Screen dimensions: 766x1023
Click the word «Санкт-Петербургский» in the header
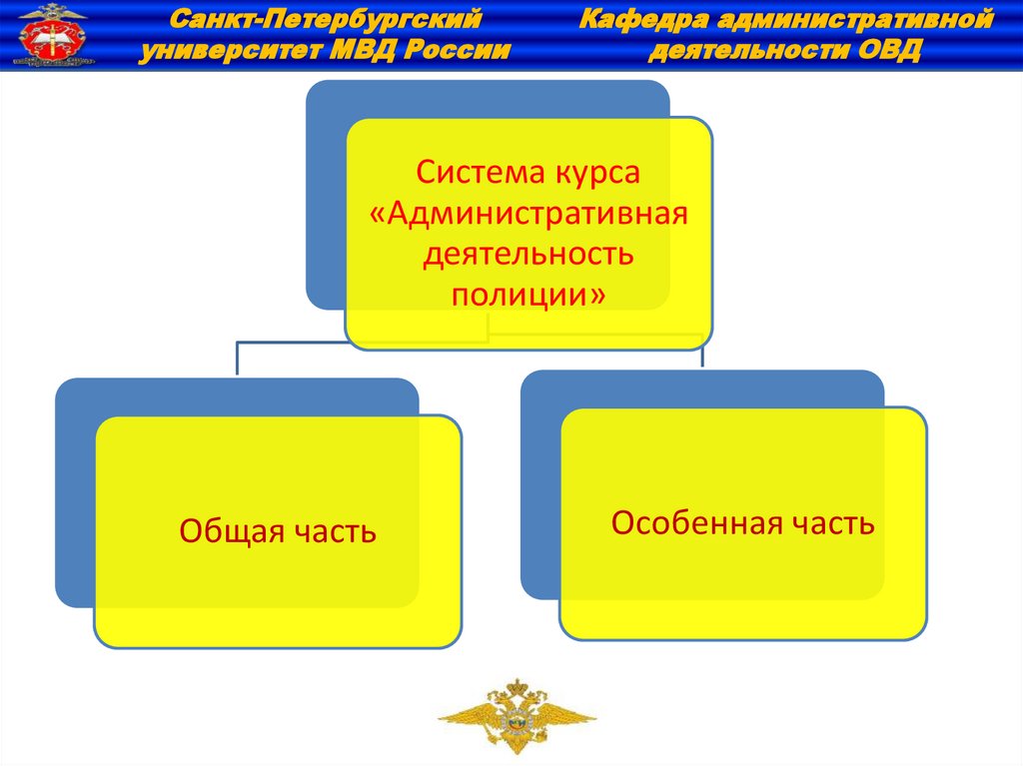tap(324, 18)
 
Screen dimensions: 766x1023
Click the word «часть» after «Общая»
tap(336, 531)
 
